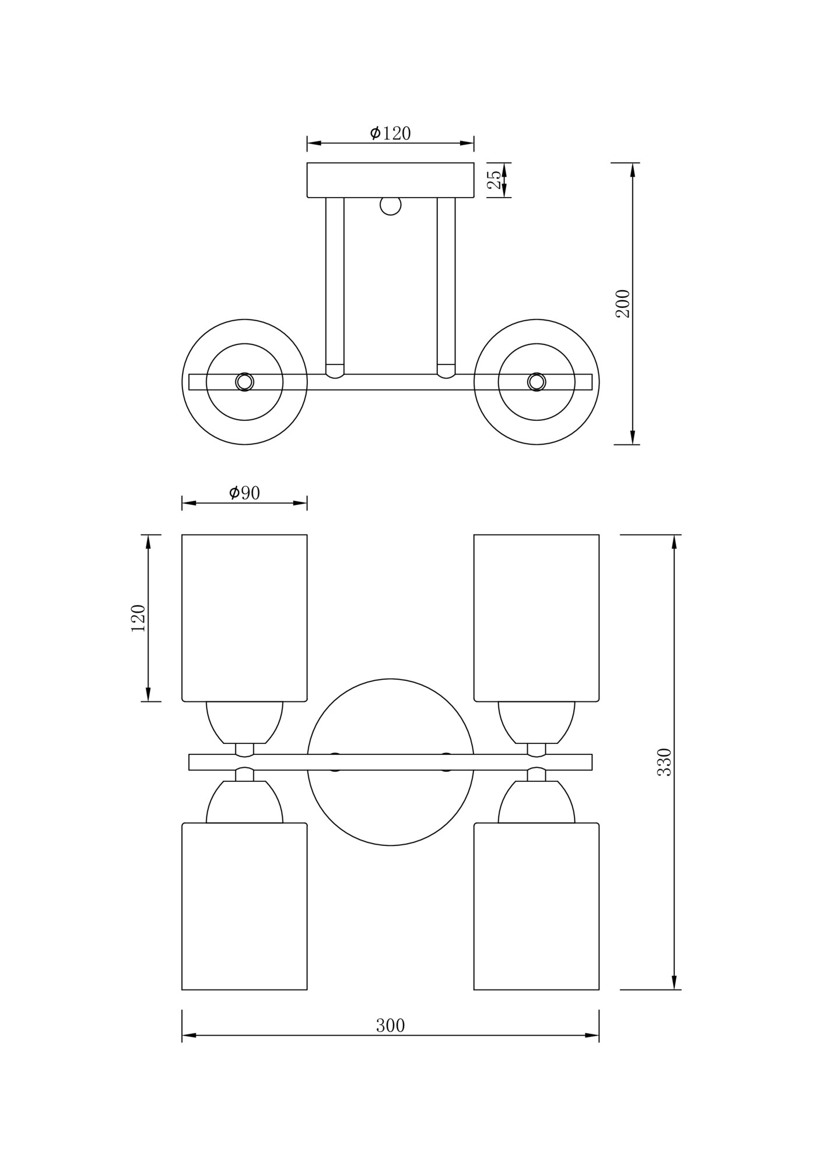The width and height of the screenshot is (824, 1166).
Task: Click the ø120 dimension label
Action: click(x=390, y=134)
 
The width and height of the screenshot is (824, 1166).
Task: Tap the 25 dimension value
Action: click(x=494, y=180)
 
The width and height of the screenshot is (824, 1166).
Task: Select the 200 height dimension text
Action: click(x=623, y=303)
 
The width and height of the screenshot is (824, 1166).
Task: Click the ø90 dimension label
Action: click(x=244, y=493)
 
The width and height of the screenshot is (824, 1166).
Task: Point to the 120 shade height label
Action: click(x=138, y=618)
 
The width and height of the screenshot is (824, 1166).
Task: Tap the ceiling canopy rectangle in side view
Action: click(x=390, y=180)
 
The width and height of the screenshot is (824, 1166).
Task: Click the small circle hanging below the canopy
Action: click(x=390, y=205)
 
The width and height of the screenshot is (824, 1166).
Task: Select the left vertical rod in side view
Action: click(x=335, y=286)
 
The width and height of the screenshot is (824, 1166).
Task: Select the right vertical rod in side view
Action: click(x=446, y=286)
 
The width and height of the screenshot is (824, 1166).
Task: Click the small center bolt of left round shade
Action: click(x=244, y=382)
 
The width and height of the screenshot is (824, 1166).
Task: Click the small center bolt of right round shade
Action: click(x=537, y=382)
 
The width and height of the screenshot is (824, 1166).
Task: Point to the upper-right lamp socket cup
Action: click(x=537, y=722)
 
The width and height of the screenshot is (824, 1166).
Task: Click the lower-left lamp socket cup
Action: click(x=244, y=803)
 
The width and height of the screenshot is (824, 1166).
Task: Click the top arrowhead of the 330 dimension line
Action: click(x=674, y=542)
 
